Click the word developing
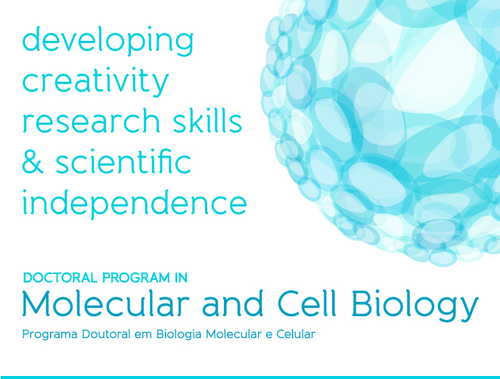(x=107, y=42)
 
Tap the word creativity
(x=95, y=81)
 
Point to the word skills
(x=207, y=120)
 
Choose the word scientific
(x=123, y=161)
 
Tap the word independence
(x=135, y=203)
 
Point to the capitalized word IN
(x=181, y=278)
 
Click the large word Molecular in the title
(x=106, y=303)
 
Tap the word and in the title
(x=233, y=303)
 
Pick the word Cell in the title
(x=307, y=303)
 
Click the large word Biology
(x=415, y=306)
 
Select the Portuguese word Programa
(x=50, y=334)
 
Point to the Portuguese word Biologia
(x=179, y=334)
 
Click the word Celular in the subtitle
(x=296, y=334)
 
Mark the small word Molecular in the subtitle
(x=234, y=334)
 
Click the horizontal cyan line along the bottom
(x=250, y=377)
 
